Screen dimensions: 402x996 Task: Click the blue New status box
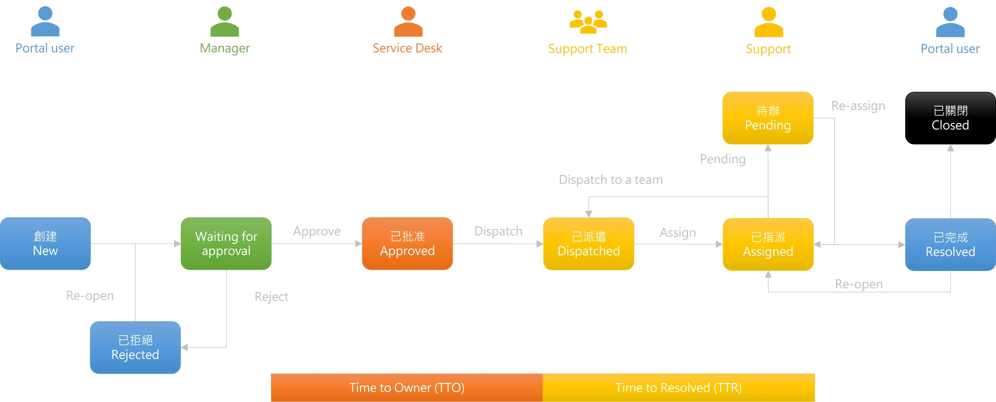click(x=45, y=243)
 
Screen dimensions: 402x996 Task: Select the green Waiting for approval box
click(x=226, y=243)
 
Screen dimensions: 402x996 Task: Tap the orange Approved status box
click(x=407, y=243)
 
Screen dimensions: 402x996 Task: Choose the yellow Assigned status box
click(x=768, y=244)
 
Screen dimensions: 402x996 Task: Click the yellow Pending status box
click(x=768, y=118)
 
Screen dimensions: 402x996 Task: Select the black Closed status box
click(x=950, y=118)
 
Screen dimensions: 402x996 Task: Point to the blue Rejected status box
click(x=135, y=347)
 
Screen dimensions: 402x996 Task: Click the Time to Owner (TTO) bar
click(x=407, y=387)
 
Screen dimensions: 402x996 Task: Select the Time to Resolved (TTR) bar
click(x=679, y=387)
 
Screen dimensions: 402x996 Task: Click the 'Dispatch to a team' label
click(x=610, y=180)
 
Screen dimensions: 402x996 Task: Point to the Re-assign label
click(x=858, y=105)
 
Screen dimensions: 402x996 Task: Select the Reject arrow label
click(x=271, y=297)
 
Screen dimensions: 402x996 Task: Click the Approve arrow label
click(x=317, y=231)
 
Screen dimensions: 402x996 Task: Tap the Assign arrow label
click(x=678, y=232)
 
